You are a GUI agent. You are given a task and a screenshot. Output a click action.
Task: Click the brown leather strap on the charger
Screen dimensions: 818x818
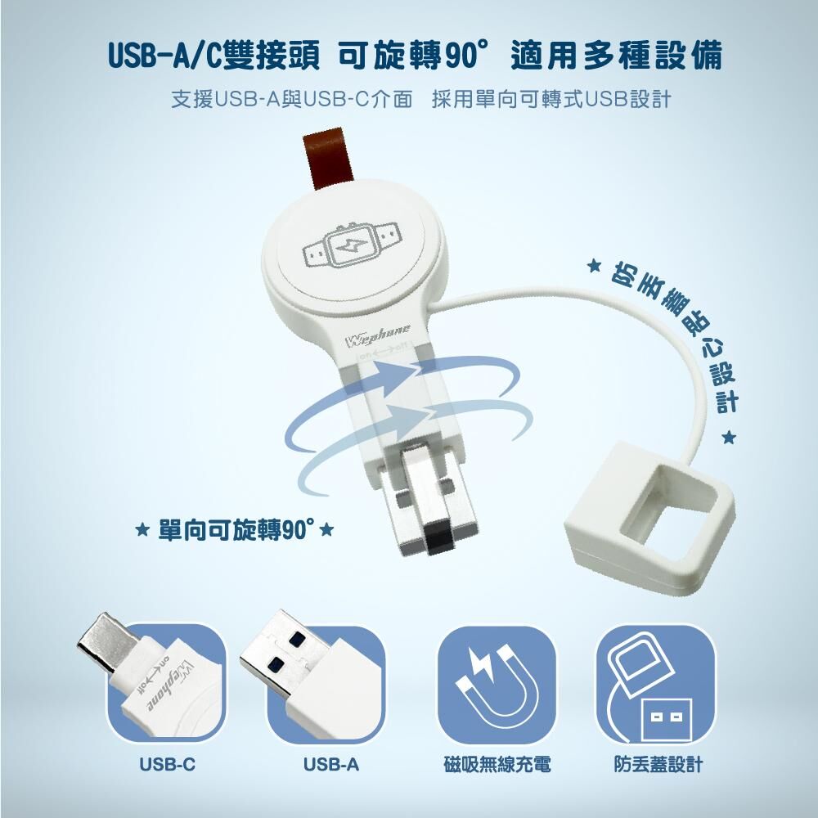[x=329, y=160]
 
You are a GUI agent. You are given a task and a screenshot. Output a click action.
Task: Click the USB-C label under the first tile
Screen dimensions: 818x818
[x=167, y=764]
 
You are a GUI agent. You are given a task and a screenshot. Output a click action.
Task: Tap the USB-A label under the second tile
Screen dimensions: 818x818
[x=331, y=764]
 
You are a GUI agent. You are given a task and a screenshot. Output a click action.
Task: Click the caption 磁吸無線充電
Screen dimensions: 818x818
[x=497, y=765]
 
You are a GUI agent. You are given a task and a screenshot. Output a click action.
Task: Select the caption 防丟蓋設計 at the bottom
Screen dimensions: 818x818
[x=658, y=765]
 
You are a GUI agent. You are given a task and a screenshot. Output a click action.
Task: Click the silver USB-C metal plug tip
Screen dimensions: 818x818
[x=107, y=640]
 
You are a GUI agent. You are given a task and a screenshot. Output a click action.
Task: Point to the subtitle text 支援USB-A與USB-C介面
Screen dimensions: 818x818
[x=292, y=99]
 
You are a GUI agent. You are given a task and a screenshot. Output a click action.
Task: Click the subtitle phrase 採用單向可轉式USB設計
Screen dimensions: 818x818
[x=551, y=99]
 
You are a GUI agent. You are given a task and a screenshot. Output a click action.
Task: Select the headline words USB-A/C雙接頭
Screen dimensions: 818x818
[x=213, y=56]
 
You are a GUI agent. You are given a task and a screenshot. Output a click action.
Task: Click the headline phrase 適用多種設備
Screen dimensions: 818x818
[x=617, y=56]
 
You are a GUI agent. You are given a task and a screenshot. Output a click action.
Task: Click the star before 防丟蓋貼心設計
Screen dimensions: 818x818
[x=593, y=266]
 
